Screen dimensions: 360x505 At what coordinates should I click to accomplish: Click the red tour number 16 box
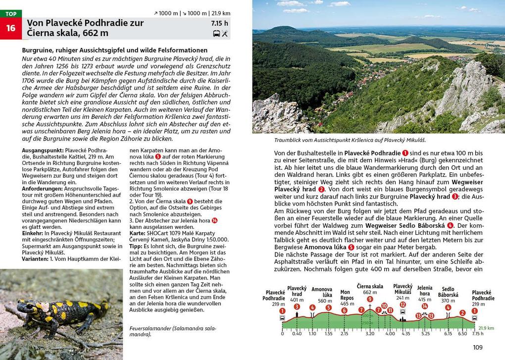click(x=11, y=28)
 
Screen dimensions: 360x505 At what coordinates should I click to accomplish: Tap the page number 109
click(x=477, y=348)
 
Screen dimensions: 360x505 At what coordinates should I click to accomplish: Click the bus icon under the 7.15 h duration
click(x=216, y=34)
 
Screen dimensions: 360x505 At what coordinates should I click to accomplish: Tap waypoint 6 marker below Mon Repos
click(x=344, y=310)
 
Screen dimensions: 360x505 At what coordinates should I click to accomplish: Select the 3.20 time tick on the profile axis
click(x=369, y=334)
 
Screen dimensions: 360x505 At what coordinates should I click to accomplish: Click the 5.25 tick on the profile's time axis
click(x=425, y=334)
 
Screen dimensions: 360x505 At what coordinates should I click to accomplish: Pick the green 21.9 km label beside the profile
click(x=487, y=327)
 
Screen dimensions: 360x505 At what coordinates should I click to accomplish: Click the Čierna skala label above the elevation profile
click(x=370, y=286)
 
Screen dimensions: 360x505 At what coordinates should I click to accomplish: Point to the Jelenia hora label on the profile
click(x=424, y=291)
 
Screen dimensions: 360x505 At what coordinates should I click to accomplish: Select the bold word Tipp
click(x=136, y=246)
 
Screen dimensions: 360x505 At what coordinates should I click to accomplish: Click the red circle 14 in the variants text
click(x=214, y=220)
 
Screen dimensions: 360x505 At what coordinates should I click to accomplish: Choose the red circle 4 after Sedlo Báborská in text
click(x=450, y=225)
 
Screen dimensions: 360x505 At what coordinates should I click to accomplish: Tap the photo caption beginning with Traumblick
click(x=339, y=140)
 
